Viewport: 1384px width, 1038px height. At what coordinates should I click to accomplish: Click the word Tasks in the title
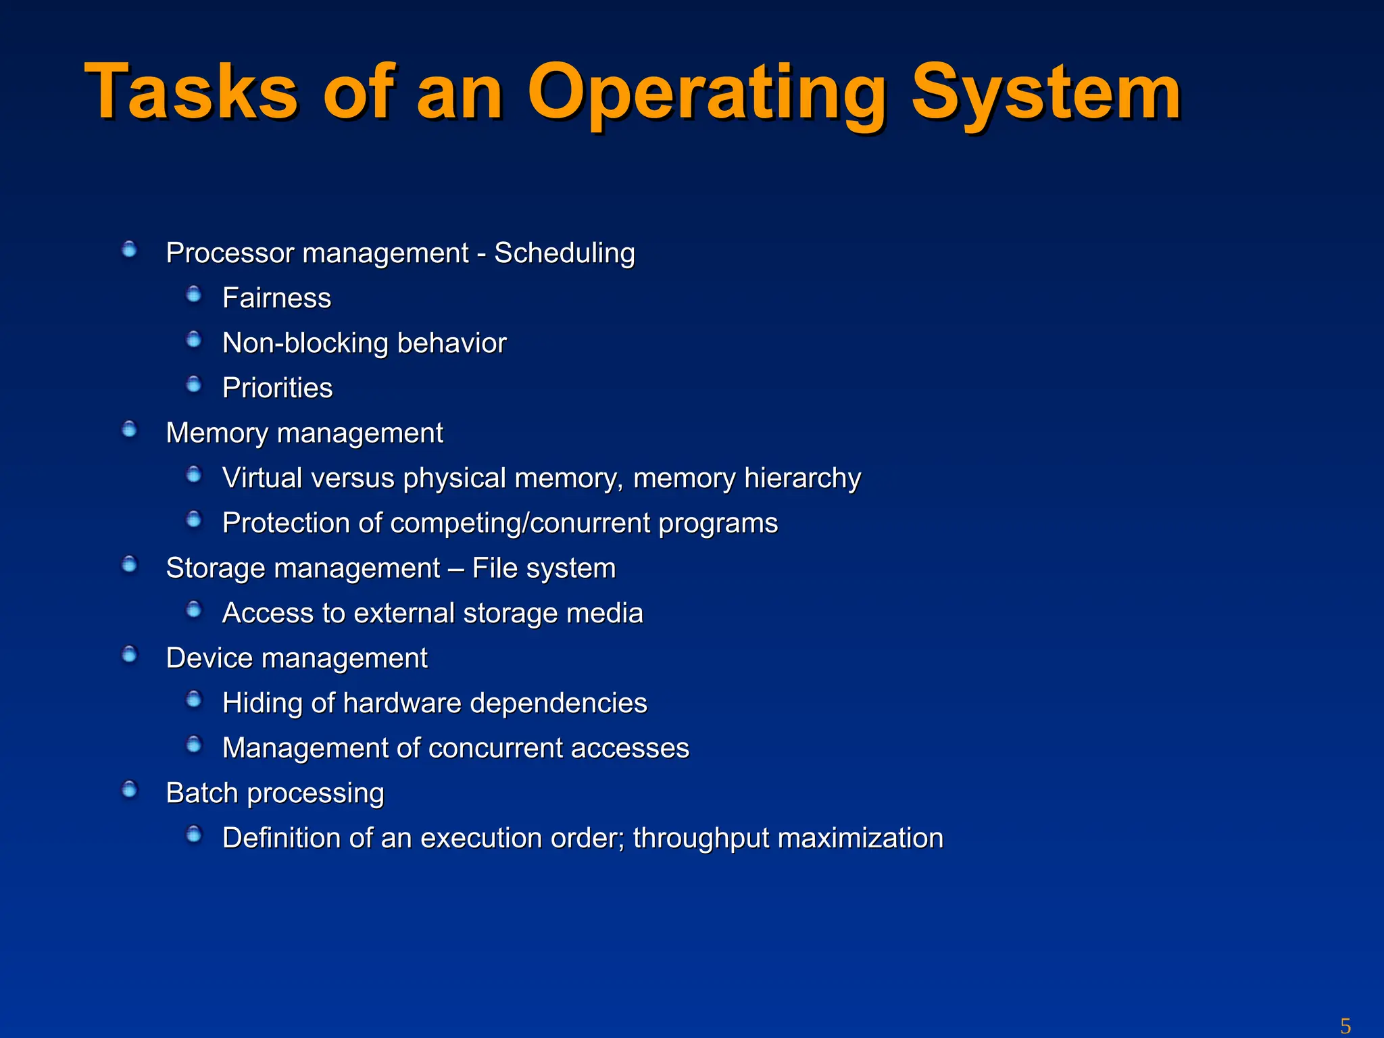click(191, 92)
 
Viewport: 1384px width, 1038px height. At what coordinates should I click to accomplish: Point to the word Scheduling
click(564, 253)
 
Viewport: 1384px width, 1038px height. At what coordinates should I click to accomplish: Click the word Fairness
click(276, 298)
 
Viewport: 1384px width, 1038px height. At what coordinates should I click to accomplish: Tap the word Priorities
click(277, 389)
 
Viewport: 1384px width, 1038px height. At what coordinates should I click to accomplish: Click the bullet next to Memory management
click(129, 430)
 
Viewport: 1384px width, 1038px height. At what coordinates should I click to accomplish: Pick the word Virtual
click(262, 478)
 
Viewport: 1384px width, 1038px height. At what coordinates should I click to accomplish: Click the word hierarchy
click(802, 478)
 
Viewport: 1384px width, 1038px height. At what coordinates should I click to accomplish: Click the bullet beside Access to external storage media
click(194, 610)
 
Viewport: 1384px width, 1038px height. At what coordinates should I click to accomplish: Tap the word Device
click(209, 658)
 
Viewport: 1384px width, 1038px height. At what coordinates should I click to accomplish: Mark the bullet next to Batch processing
click(129, 790)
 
